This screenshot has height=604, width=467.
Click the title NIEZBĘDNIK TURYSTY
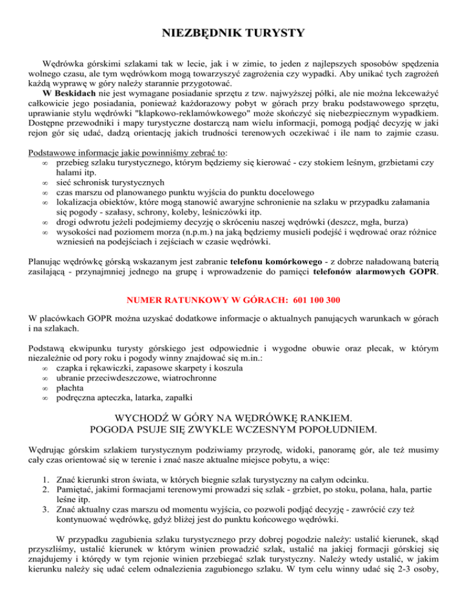(233, 32)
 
